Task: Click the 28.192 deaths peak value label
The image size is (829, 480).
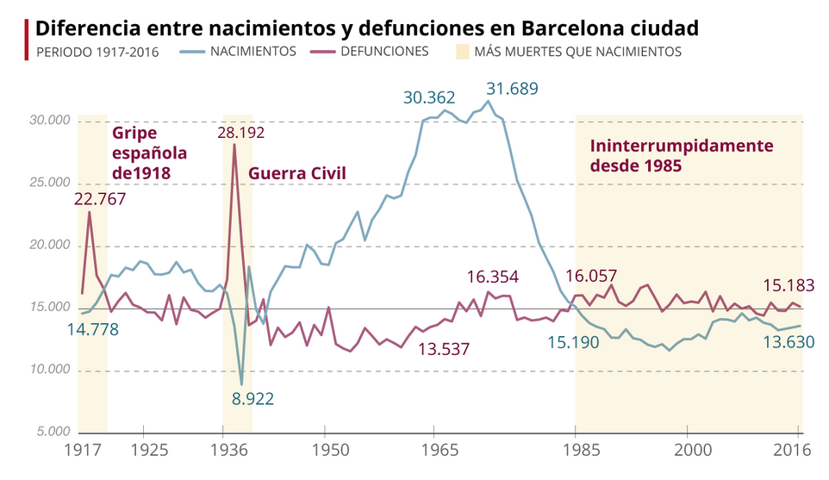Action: [240, 133]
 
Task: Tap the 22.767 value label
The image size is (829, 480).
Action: [100, 199]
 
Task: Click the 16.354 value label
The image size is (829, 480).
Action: [493, 277]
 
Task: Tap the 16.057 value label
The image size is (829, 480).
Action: [592, 277]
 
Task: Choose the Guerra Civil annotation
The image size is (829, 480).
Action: [296, 174]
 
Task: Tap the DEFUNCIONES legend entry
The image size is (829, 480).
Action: [383, 52]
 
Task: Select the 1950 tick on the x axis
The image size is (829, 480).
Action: [325, 450]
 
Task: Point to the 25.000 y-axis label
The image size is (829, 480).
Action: [48, 184]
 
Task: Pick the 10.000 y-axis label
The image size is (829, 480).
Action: [48, 371]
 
